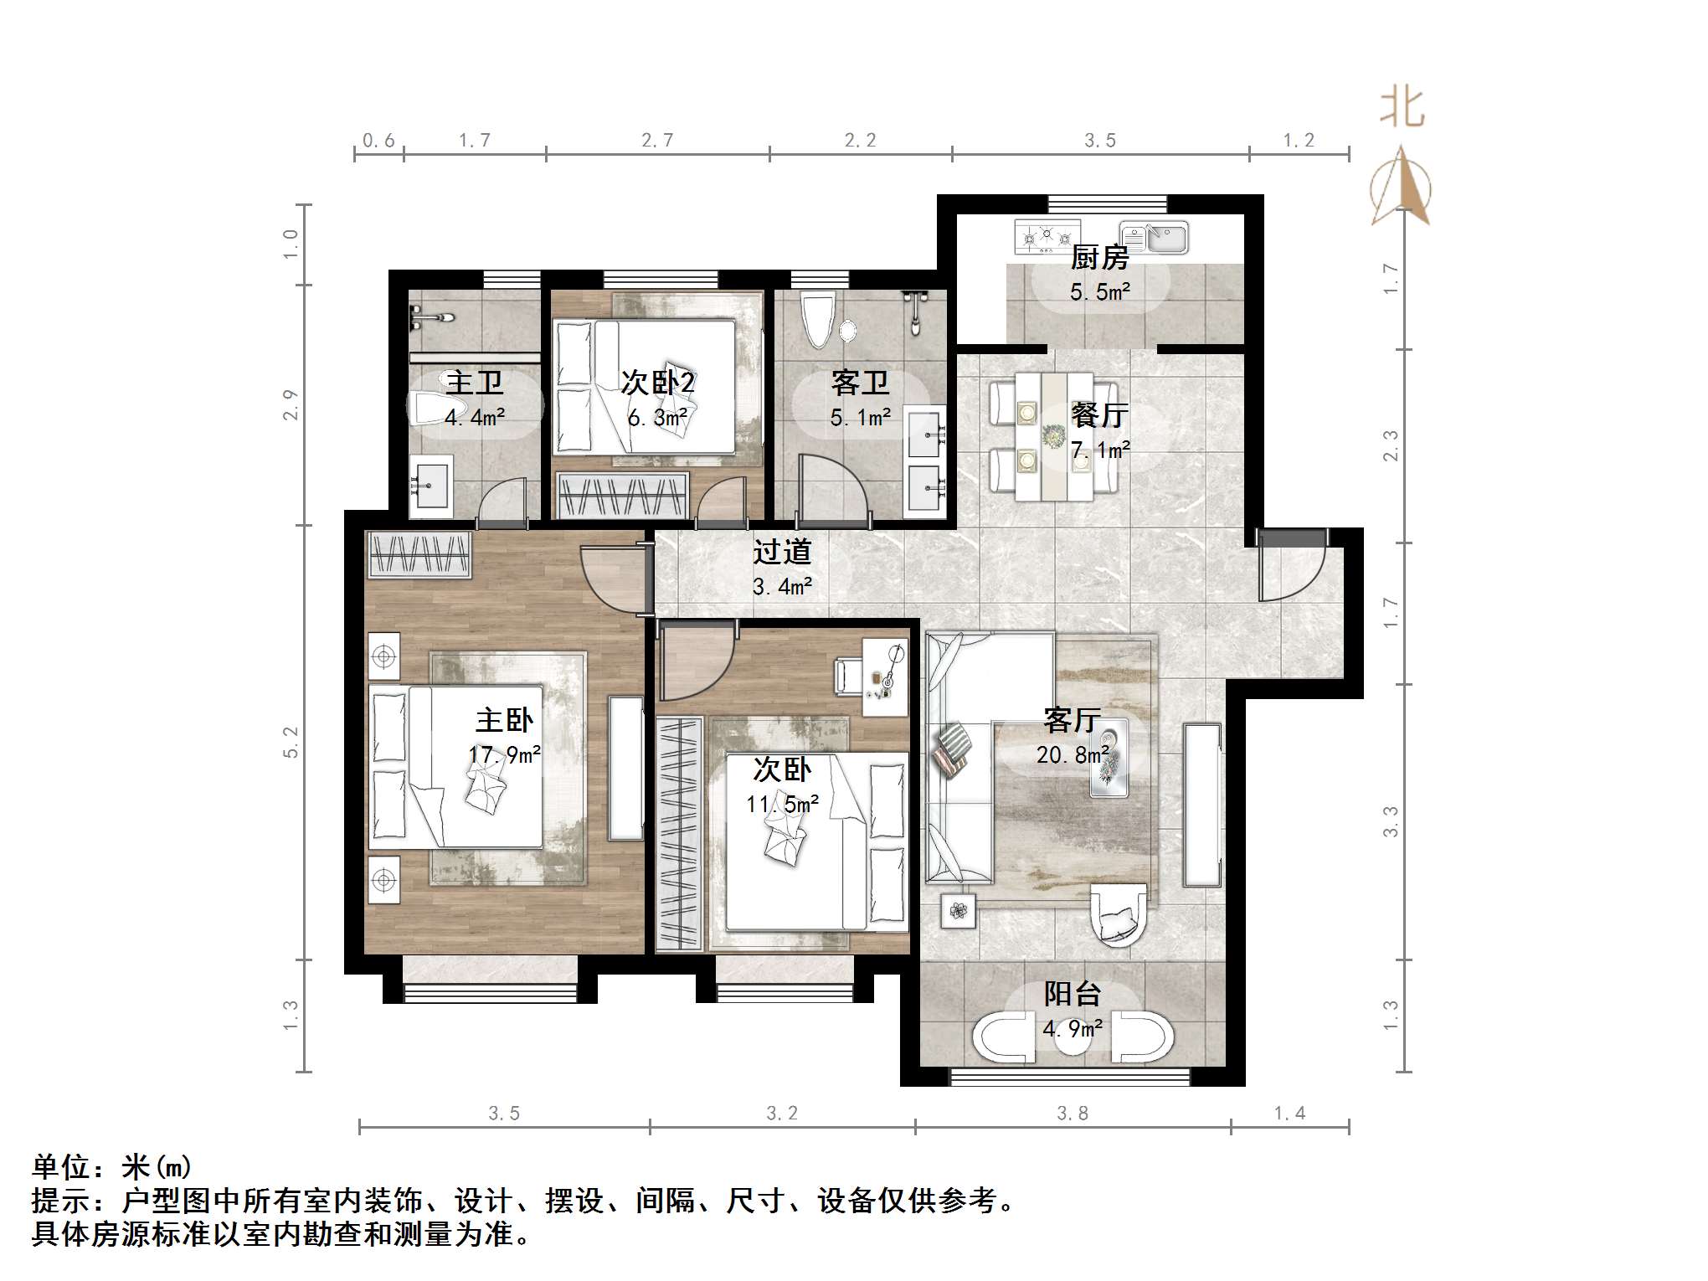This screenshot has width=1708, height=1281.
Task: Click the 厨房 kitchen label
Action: (x=1099, y=257)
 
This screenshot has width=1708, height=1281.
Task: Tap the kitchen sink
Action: (x=1155, y=237)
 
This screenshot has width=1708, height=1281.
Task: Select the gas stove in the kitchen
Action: (x=1047, y=237)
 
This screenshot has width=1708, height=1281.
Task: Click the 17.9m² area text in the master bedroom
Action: (x=504, y=754)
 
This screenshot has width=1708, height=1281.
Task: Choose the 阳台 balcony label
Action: (x=1072, y=994)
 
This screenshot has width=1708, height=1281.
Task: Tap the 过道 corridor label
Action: (x=782, y=552)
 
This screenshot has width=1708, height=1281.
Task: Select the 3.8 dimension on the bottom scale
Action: (x=1072, y=1114)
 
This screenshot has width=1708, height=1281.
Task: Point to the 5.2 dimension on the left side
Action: (x=291, y=742)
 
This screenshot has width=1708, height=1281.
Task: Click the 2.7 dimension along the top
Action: (x=657, y=141)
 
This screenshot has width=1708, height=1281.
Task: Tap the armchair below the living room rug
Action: (x=1118, y=915)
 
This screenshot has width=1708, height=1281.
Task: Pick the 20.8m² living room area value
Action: (x=1073, y=755)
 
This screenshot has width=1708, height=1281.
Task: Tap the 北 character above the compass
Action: (x=1402, y=109)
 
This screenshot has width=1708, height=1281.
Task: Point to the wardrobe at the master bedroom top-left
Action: (x=419, y=555)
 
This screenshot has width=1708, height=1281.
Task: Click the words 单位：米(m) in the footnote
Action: (x=112, y=1166)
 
